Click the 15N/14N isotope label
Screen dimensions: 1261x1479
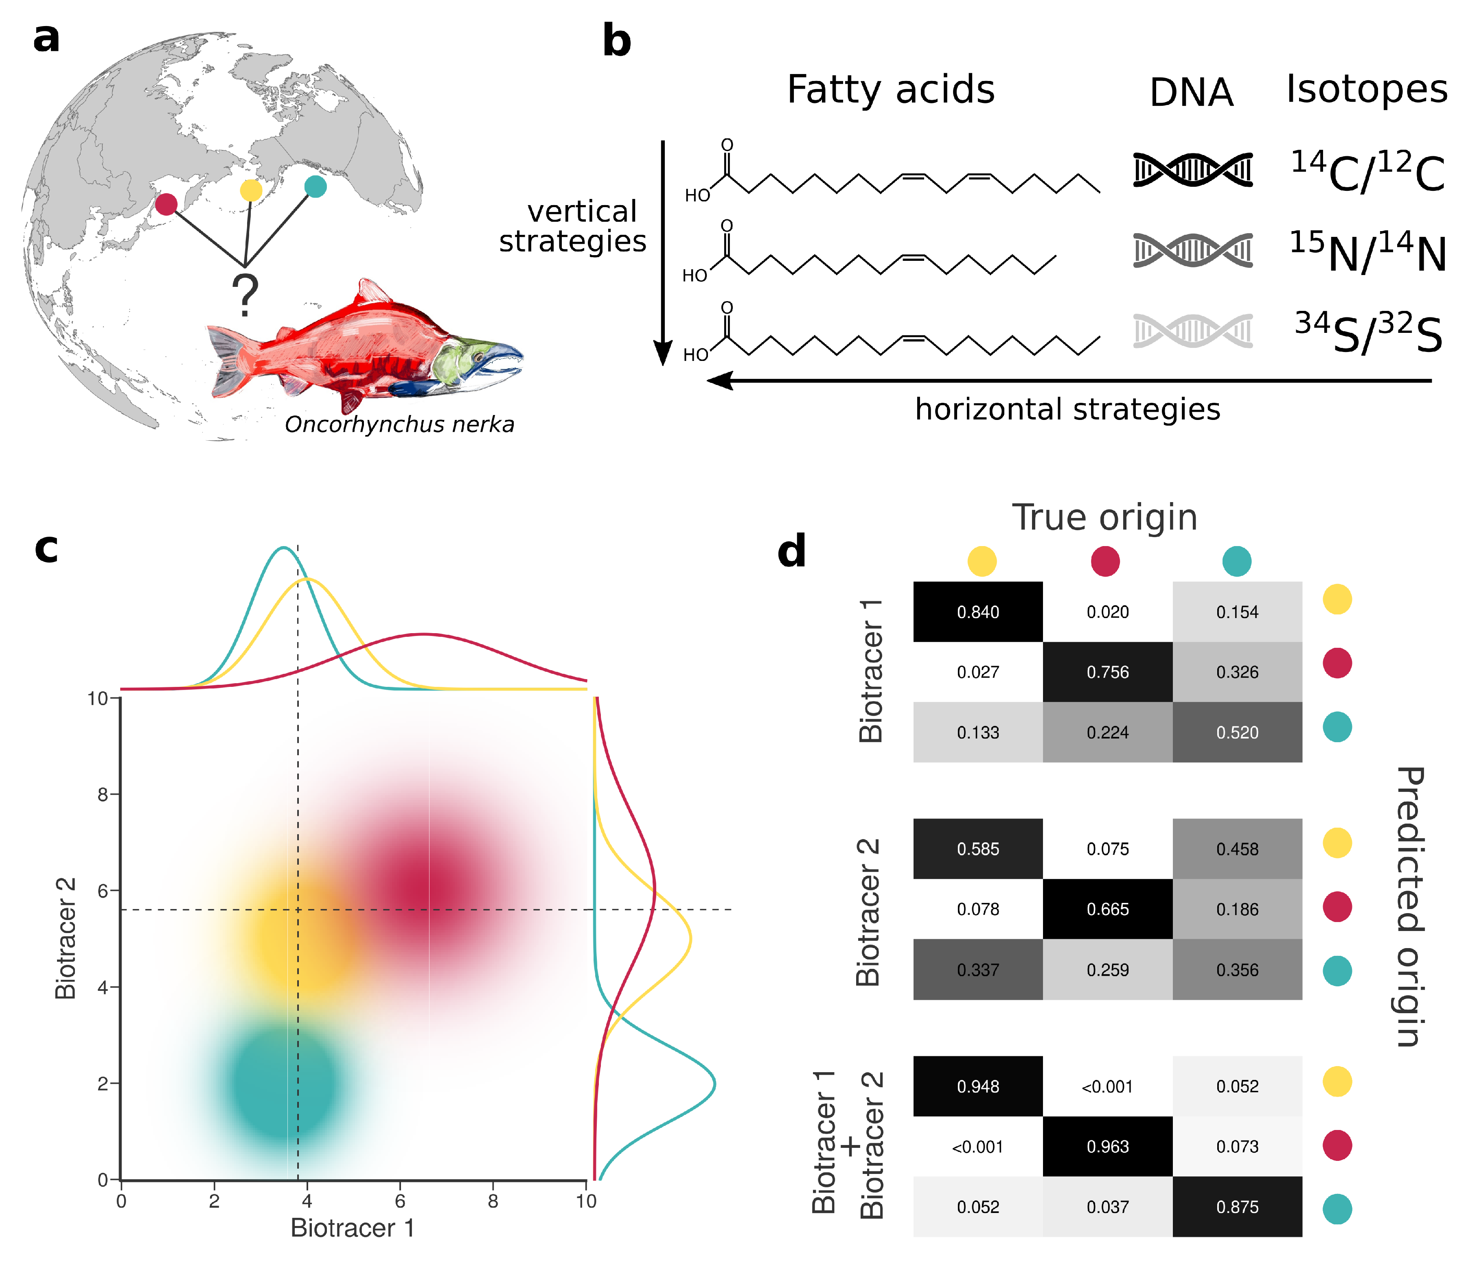[1367, 252]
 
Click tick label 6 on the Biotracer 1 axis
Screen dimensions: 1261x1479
[400, 1201]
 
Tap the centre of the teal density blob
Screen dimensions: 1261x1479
[282, 1083]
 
